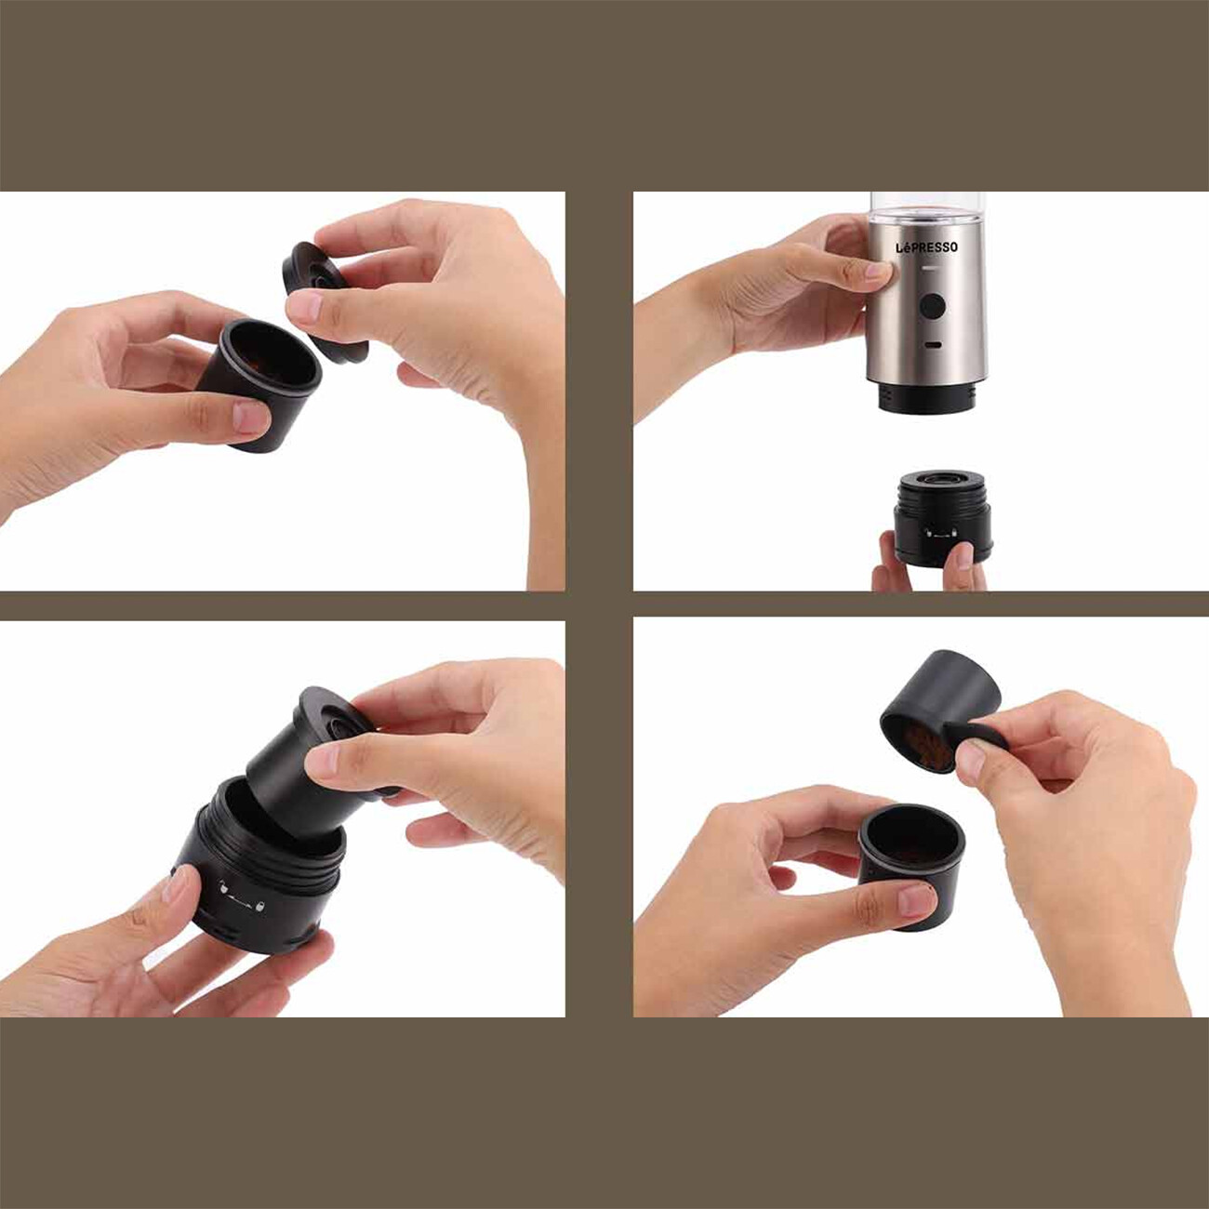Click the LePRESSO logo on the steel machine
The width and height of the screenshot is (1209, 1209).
coord(926,247)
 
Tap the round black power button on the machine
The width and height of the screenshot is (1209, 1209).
coord(932,307)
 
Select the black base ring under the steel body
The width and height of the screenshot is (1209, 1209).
coord(925,397)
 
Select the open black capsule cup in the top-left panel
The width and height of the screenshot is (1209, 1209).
coord(259,383)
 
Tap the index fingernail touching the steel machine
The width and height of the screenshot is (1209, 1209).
coord(878,271)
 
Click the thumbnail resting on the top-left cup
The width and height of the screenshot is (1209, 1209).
coord(252,418)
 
